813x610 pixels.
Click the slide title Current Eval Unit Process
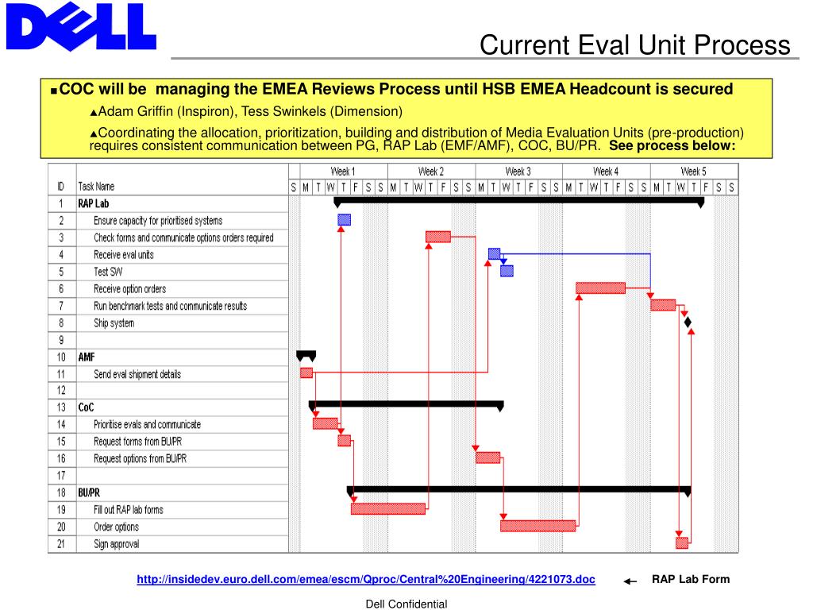point(634,44)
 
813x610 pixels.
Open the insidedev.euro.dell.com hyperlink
point(366,580)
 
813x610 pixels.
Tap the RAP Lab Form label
point(691,579)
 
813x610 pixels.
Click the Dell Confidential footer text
point(406,604)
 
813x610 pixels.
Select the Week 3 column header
point(518,172)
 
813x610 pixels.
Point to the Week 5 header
point(693,172)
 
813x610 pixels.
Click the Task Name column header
point(96,187)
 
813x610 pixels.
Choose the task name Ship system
point(114,323)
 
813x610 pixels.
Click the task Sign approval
point(116,544)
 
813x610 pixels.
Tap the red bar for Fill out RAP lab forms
point(388,508)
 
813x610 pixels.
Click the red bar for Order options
point(538,526)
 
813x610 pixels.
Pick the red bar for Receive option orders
point(600,288)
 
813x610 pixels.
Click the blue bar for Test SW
point(507,271)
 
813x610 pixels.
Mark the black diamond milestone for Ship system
point(688,322)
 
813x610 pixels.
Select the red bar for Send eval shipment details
point(306,373)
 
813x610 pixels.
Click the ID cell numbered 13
point(61,407)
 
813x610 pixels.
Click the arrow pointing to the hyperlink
point(630,581)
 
